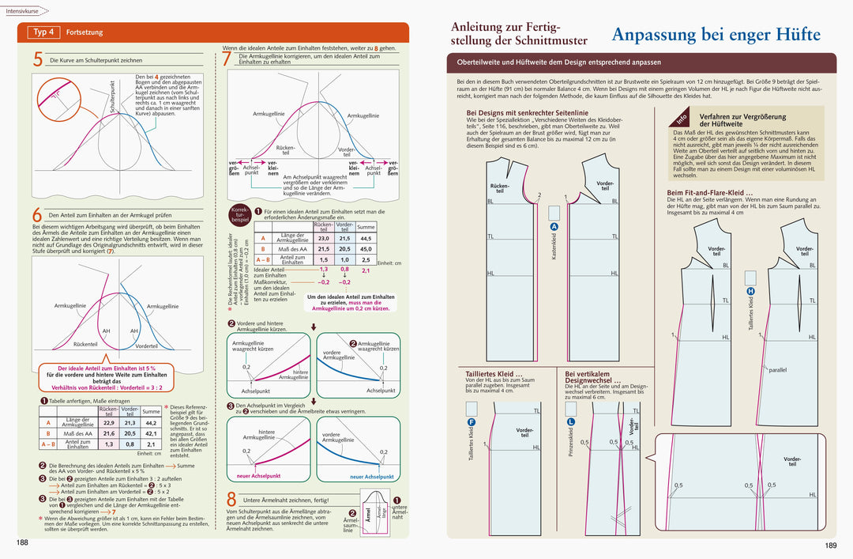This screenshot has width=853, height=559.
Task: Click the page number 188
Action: click(23, 542)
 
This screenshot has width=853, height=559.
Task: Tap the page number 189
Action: click(830, 545)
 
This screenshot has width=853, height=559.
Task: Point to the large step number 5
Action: click(38, 59)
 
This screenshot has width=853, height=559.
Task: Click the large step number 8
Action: click(231, 500)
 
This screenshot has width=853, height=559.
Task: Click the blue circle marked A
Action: click(554, 228)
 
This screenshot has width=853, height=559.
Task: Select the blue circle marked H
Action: click(750, 291)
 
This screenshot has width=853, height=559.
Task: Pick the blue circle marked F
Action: click(472, 423)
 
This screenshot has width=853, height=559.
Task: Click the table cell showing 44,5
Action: click(366, 238)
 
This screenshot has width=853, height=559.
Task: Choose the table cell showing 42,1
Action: click(151, 433)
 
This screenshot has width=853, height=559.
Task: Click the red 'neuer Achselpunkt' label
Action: click(258, 476)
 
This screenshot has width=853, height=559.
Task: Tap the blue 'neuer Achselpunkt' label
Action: click(372, 477)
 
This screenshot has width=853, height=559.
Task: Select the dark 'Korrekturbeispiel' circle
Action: click(239, 214)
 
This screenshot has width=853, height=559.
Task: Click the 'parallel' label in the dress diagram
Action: click(778, 369)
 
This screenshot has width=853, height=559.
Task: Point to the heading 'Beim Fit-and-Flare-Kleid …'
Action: click(709, 192)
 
